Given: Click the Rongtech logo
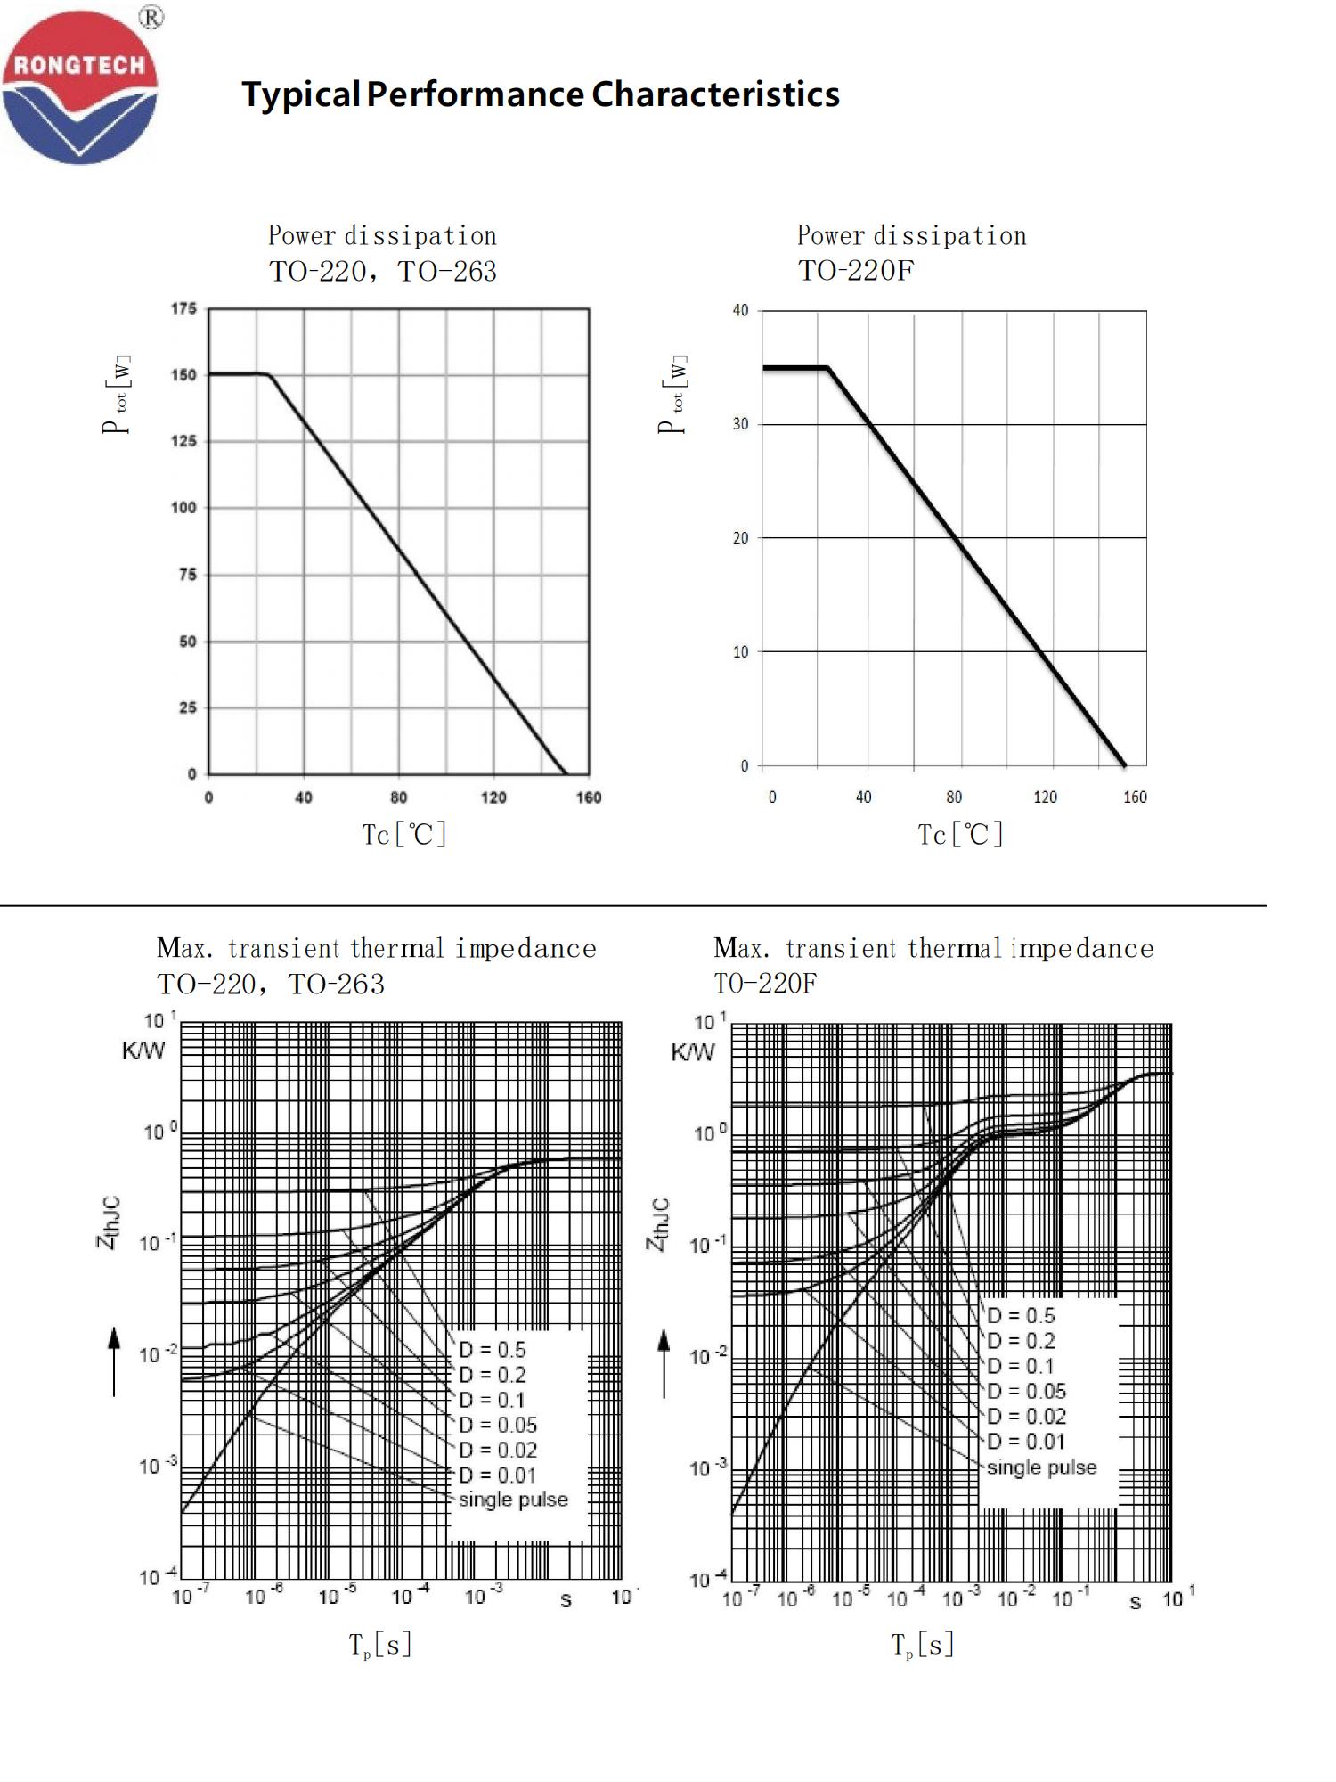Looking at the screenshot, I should coord(79,87).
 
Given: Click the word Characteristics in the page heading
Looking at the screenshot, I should coord(715,94).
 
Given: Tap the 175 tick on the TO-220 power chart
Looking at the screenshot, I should coord(183,308).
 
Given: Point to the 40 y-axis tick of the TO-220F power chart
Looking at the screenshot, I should coord(740,311).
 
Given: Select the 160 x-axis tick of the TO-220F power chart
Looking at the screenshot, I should coord(1134,797).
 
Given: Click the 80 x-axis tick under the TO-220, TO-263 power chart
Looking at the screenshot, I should coord(398,797).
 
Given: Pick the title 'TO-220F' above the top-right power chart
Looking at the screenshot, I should coord(855,271).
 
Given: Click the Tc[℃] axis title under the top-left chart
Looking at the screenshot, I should coord(404,834).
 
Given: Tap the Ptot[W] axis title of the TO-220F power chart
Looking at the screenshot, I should coord(673,395).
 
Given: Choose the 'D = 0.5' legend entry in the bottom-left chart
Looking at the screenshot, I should coord(492,1349).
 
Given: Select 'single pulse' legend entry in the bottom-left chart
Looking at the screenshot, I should coord(513,1500).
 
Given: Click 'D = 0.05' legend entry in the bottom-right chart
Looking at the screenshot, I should coord(1026,1391).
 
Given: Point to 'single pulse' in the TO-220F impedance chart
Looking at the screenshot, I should coord(1041,1467).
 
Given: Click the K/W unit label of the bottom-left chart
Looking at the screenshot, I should coord(143,1050).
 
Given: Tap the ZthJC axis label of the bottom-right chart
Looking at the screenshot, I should coord(658,1223).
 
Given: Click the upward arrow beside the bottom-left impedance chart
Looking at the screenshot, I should coord(114,1361).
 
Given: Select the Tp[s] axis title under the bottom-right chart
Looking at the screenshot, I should coord(923,1645).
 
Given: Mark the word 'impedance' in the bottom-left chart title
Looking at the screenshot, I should coord(525,948).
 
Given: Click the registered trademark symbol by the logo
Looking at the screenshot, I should coord(152,17).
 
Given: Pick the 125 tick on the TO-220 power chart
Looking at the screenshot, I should coord(183,441).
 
